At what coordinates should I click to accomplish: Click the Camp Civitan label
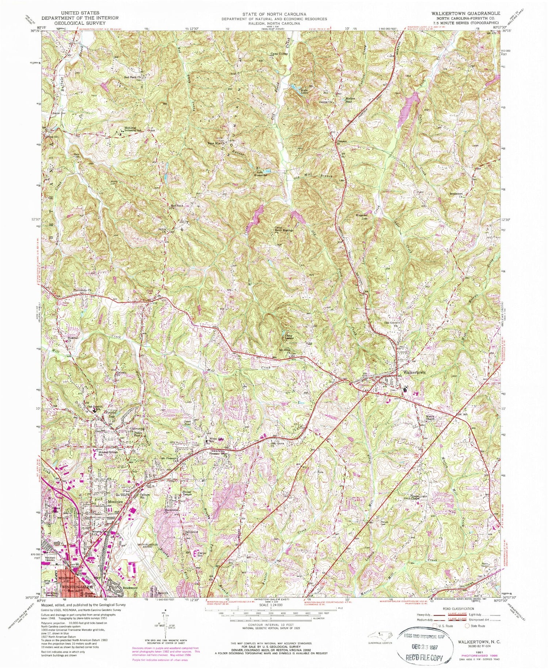coord(279,54)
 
